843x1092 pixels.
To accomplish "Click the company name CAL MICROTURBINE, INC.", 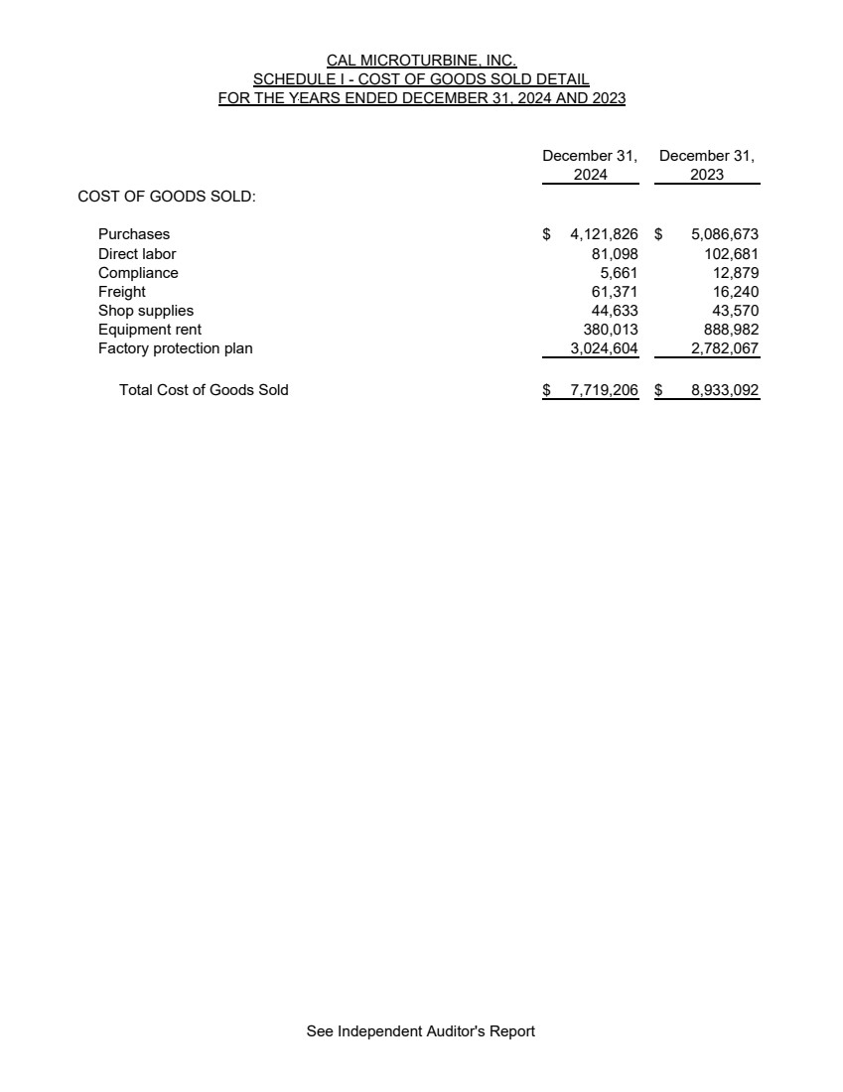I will [x=421, y=61].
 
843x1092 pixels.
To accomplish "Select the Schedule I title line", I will [x=421, y=79].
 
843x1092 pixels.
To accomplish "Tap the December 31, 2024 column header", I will [x=590, y=165].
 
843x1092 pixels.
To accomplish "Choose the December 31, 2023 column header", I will [x=707, y=165].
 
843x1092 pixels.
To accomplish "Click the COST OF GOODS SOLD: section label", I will [x=167, y=197].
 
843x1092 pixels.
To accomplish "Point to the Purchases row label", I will [x=134, y=234].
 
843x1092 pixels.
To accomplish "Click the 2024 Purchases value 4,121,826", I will [x=604, y=234].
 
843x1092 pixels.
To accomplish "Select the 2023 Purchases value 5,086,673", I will [x=725, y=234].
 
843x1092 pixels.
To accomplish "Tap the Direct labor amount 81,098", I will [x=615, y=253].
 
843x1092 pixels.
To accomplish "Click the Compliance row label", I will [x=138, y=273].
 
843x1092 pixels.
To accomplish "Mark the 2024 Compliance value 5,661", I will [x=619, y=273].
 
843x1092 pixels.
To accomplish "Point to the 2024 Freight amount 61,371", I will [x=615, y=292].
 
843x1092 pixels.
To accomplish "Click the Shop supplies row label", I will [x=146, y=311].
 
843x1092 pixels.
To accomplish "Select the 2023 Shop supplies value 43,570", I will [x=735, y=311].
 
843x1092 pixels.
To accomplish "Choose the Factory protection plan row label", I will [x=176, y=348].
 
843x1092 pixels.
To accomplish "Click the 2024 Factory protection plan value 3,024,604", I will [x=604, y=348].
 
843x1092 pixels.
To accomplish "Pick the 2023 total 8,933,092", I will [x=725, y=390].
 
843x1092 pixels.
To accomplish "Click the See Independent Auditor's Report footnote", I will [x=421, y=1031].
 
